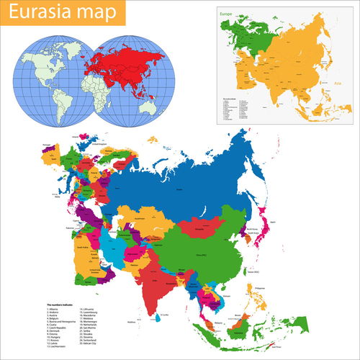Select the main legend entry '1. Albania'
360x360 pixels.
(x=55, y=310)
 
